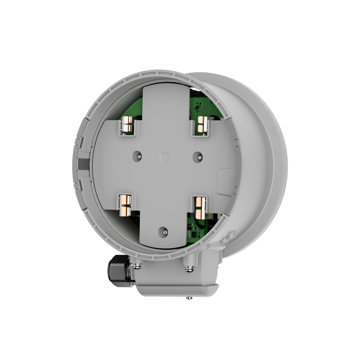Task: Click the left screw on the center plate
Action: tap(139, 156)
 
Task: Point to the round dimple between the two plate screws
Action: tap(165, 156)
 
